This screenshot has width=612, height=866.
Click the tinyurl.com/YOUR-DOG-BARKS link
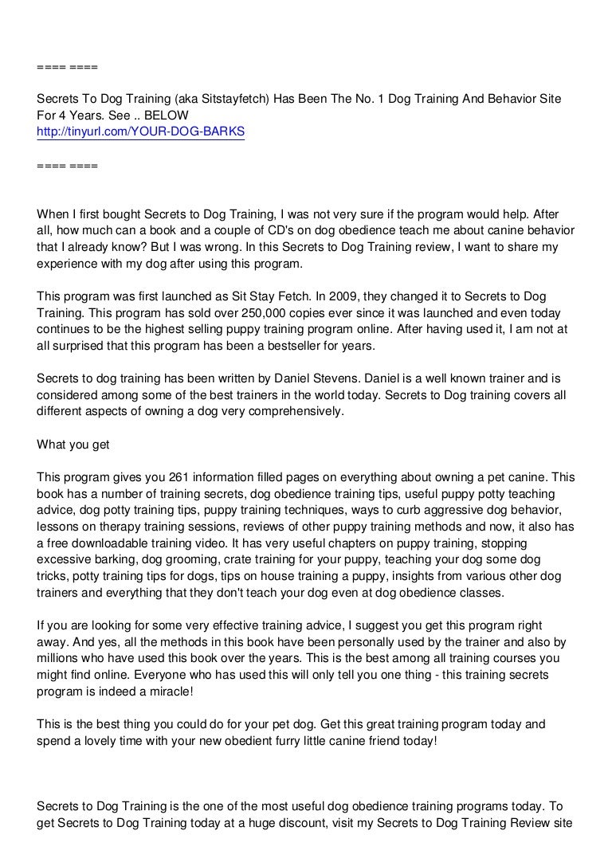point(141,131)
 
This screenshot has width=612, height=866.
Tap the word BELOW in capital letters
point(167,115)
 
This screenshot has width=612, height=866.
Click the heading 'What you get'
point(73,445)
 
